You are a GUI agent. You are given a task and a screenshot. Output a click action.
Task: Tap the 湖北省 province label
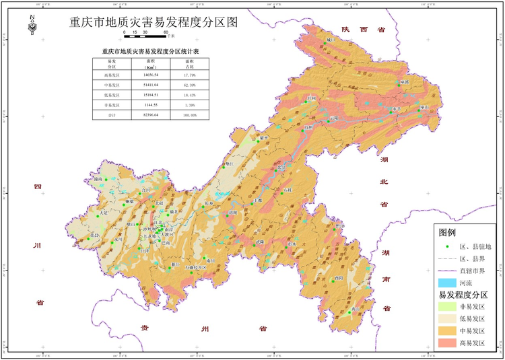tap(384, 181)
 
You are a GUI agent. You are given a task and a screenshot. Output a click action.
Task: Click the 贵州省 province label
tap(202, 328)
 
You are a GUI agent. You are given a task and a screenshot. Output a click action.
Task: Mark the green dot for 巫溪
tap(400, 84)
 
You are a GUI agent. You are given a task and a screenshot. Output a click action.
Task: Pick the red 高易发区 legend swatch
tap(450, 343)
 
